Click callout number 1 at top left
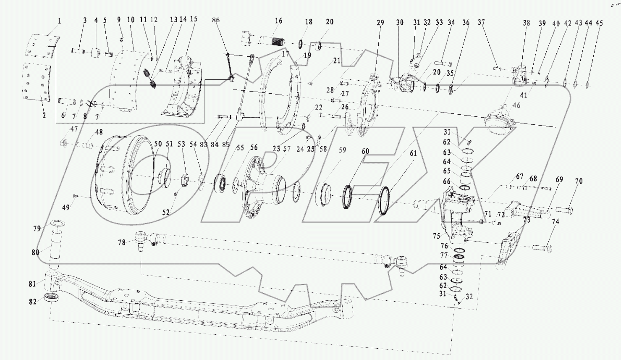(59, 21)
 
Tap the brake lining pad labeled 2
(36, 81)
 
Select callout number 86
(216, 20)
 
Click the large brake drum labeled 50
(123, 175)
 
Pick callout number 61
(413, 153)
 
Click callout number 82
(33, 302)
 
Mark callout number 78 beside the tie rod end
(121, 242)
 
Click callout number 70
(579, 181)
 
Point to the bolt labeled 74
(542, 247)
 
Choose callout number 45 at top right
(599, 23)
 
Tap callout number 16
(279, 21)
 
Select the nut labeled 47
(64, 143)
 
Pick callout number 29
(380, 23)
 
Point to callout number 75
(436, 236)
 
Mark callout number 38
(526, 23)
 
